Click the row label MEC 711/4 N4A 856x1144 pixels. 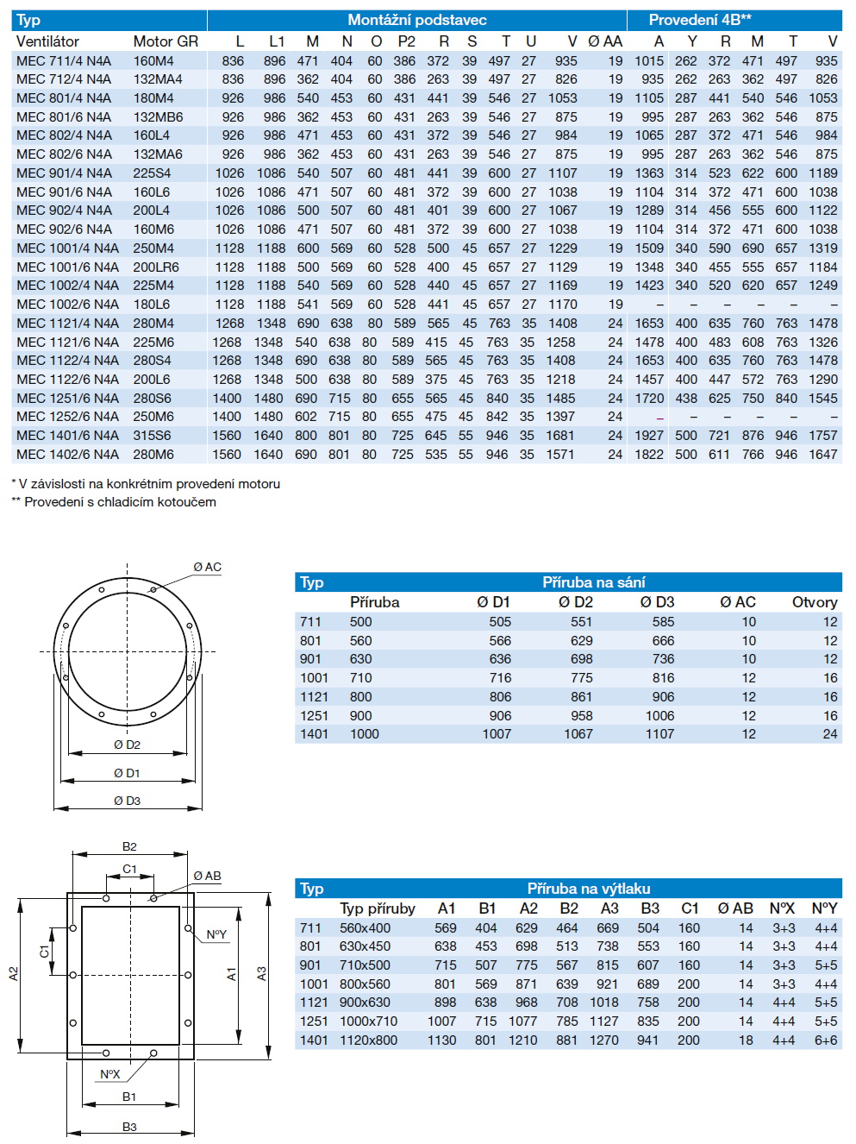point(64,60)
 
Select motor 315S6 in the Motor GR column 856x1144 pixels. point(153,436)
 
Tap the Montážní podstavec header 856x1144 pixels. point(417,20)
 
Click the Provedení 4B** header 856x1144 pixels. point(700,20)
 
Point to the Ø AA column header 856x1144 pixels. point(604,41)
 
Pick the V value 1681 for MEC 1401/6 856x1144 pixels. point(560,436)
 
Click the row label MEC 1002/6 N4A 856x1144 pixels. point(67,305)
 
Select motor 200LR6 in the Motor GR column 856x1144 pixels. point(156,267)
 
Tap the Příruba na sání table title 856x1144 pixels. point(593,582)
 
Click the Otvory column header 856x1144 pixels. point(814,602)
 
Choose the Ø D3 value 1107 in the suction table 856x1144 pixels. point(659,734)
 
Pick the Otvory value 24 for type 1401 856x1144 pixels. point(829,734)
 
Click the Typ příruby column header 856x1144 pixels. point(377,908)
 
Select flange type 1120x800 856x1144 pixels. point(369,1040)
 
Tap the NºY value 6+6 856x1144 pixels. point(825,1040)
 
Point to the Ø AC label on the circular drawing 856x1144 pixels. point(207,567)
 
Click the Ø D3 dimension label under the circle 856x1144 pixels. point(127,801)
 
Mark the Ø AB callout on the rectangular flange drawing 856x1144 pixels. point(207,876)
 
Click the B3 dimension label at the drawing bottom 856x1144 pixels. point(129,1127)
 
